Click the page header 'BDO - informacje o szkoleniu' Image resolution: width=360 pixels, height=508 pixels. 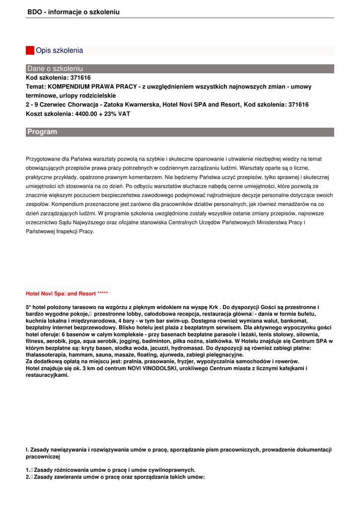click(73, 11)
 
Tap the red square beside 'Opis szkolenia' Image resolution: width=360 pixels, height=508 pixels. click(30, 50)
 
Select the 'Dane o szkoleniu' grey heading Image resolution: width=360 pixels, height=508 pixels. click(55, 68)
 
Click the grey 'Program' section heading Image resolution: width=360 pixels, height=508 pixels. click(42, 132)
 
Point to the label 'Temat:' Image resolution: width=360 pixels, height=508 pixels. click(36, 87)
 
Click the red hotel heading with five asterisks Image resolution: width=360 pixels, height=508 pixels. click(67, 294)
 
